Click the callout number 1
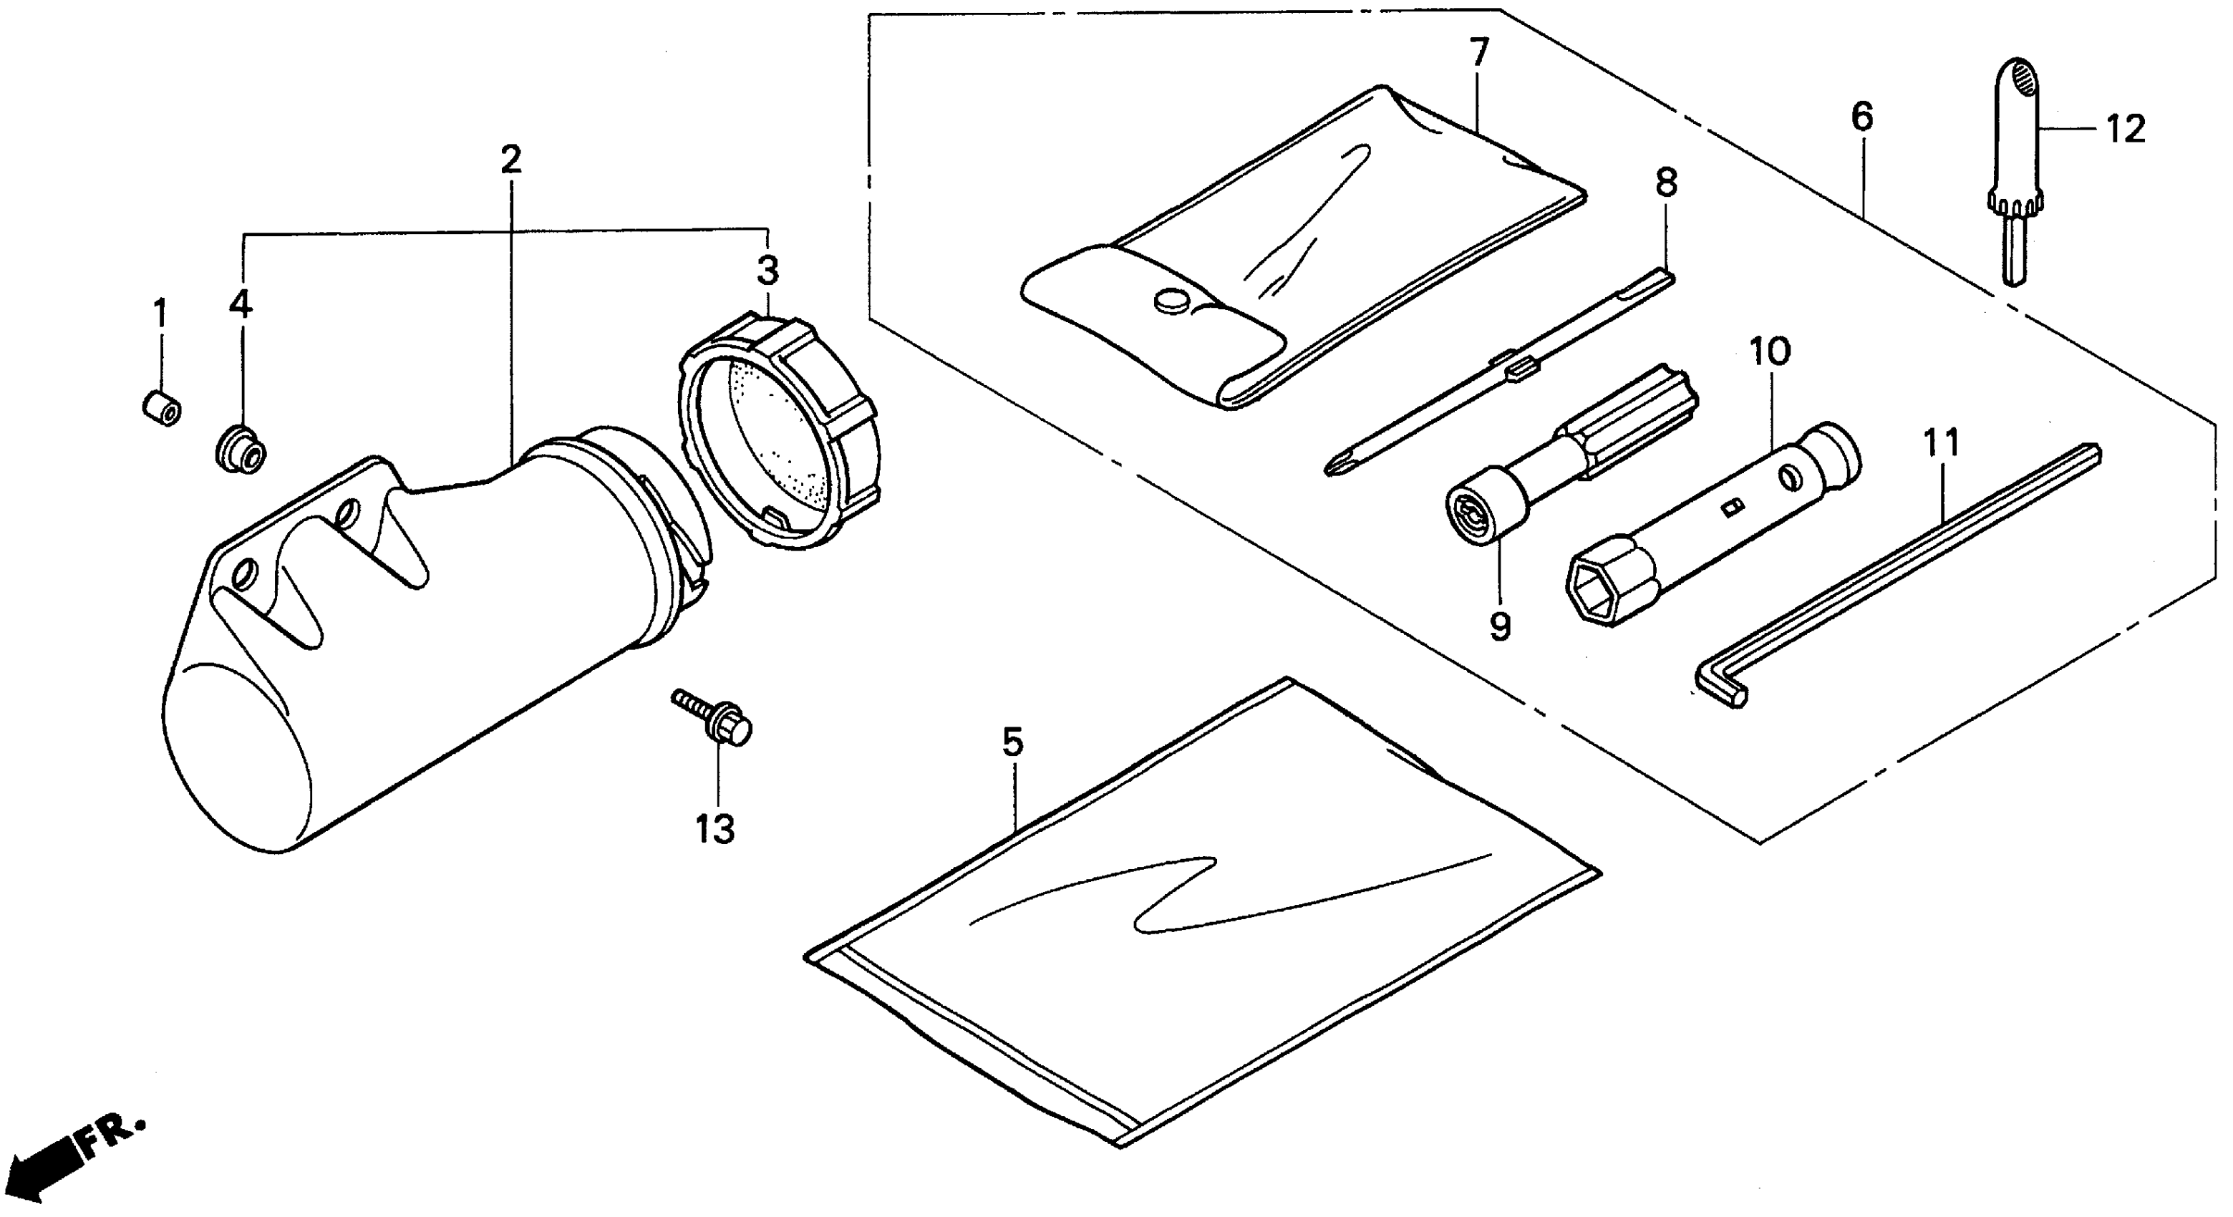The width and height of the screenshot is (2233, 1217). (x=160, y=313)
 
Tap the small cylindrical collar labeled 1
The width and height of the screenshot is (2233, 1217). (x=161, y=407)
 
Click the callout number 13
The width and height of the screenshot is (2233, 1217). (x=715, y=830)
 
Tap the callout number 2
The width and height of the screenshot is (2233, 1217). (x=511, y=160)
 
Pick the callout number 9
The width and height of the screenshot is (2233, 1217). (x=1500, y=625)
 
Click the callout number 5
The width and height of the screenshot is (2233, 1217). (x=1012, y=742)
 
